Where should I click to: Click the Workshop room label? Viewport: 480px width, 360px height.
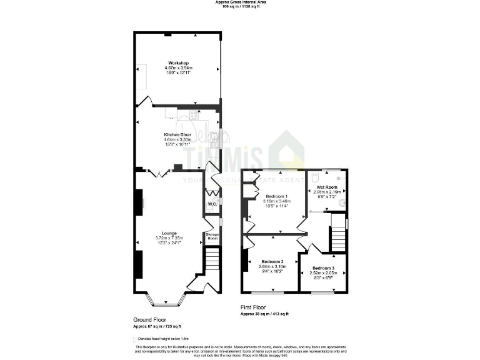click(x=178, y=63)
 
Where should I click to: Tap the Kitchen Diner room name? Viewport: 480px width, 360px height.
click(x=177, y=135)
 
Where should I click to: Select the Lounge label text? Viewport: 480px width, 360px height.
click(x=169, y=233)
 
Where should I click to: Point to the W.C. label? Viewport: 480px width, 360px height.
click(x=212, y=204)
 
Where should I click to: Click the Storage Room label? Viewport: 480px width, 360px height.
click(x=212, y=236)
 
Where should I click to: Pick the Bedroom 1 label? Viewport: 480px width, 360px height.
click(x=276, y=197)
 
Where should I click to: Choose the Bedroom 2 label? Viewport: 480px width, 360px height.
click(x=272, y=261)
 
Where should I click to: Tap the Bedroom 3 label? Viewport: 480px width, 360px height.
click(x=323, y=268)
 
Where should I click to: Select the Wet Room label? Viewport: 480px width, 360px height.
click(x=326, y=187)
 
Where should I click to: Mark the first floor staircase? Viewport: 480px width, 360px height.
click(x=337, y=237)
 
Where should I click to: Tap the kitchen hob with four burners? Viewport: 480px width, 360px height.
click(x=194, y=114)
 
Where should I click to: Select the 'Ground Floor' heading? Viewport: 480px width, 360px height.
click(x=149, y=319)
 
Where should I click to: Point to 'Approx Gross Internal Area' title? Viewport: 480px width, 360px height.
click(x=240, y=2)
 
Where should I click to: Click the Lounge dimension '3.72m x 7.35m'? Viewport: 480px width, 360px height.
click(x=169, y=238)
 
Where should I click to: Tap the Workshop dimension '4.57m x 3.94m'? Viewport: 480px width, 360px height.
click(x=178, y=68)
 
